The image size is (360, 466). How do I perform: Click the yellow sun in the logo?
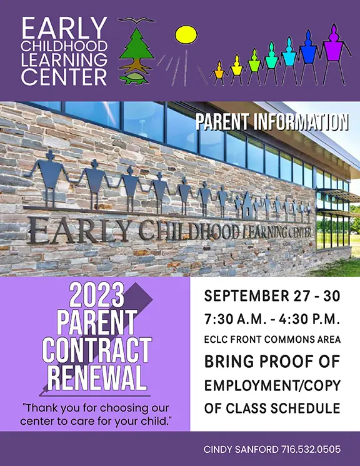pyautogui.click(x=186, y=34)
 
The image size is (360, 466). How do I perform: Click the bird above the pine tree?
pyautogui.click(x=137, y=20)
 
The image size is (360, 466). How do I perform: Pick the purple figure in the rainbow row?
pyautogui.click(x=335, y=54)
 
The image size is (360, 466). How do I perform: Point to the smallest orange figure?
pyautogui.click(x=219, y=73)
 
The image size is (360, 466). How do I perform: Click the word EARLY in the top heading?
pyautogui.click(x=64, y=28)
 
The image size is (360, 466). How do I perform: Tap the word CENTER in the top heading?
pyautogui.click(x=64, y=77)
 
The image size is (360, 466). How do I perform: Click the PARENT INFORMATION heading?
pyautogui.click(x=272, y=122)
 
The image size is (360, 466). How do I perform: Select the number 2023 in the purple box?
pyautogui.click(x=97, y=295)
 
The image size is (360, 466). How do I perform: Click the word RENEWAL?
pyautogui.click(x=97, y=378)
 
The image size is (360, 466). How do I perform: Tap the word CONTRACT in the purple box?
pyautogui.click(x=97, y=350)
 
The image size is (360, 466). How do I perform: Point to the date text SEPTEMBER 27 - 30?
pyautogui.click(x=272, y=296)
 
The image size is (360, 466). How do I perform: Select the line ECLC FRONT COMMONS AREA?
pyautogui.click(x=272, y=340)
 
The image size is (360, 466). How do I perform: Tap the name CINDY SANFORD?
pyautogui.click(x=241, y=449)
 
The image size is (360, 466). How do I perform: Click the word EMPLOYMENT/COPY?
pyautogui.click(x=272, y=385)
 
